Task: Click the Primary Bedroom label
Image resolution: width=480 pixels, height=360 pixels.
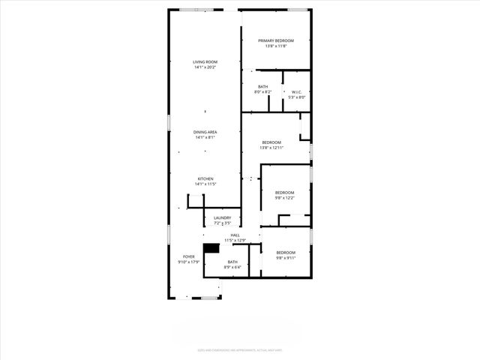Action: click(x=275, y=40)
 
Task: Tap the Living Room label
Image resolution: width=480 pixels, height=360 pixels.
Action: click(x=205, y=62)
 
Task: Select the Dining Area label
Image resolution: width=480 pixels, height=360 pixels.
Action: click(x=205, y=132)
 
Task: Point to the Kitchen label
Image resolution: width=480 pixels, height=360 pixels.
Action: click(x=205, y=178)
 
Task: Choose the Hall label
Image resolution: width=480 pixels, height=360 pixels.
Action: click(x=235, y=235)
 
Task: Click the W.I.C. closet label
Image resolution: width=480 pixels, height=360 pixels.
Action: click(x=296, y=92)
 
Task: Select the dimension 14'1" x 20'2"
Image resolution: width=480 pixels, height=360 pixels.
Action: click(x=205, y=67)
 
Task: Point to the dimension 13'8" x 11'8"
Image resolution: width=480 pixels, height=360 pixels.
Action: click(x=275, y=46)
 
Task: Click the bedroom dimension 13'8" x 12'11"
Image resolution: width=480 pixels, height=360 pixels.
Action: click(x=271, y=148)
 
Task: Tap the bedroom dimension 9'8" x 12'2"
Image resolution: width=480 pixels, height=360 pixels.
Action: click(x=284, y=197)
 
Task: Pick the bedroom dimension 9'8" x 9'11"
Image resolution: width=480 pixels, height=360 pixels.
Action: click(x=285, y=258)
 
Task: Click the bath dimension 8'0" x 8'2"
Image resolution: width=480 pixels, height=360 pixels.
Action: click(x=262, y=92)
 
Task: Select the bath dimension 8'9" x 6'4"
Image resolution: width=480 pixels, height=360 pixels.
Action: click(x=232, y=267)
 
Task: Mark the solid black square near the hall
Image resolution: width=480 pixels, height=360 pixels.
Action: click(x=211, y=248)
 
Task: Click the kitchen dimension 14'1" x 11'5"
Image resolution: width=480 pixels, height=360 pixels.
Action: click(x=205, y=184)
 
